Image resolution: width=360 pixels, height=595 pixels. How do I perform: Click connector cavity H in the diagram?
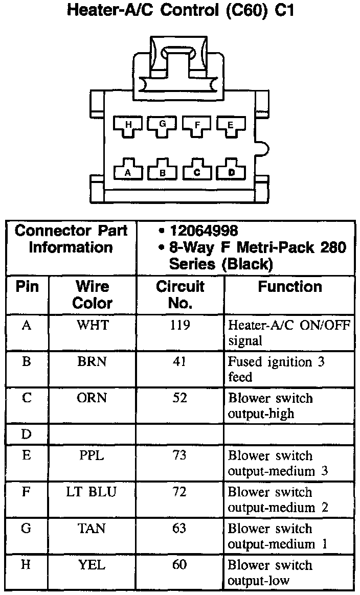pos(128,125)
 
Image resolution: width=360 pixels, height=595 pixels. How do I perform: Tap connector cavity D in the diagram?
pos(231,172)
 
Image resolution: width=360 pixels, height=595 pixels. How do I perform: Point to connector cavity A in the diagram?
pos(128,172)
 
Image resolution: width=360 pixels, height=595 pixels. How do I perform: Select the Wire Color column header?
pos(93,294)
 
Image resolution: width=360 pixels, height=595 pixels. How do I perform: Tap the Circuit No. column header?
pos(179,294)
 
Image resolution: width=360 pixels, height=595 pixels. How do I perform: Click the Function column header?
pos(289,287)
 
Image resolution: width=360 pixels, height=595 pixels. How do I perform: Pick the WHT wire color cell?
pos(93,325)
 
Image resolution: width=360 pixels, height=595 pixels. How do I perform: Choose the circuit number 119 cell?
pos(179,325)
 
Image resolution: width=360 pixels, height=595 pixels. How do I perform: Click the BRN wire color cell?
pos(93,362)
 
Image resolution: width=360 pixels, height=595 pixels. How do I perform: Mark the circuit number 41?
pos(179,362)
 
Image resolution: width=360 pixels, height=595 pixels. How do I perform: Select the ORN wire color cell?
pos(93,398)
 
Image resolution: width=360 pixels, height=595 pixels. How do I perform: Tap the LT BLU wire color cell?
pos(93,492)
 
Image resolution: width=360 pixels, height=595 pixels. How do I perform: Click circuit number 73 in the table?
pos(179,455)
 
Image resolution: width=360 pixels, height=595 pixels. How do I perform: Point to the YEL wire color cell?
pos(93,565)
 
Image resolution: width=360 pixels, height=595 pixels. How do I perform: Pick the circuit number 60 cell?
pos(179,565)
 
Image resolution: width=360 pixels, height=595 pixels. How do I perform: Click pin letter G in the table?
pos(27,528)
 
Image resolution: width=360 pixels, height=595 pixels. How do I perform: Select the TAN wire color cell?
pos(93,528)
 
